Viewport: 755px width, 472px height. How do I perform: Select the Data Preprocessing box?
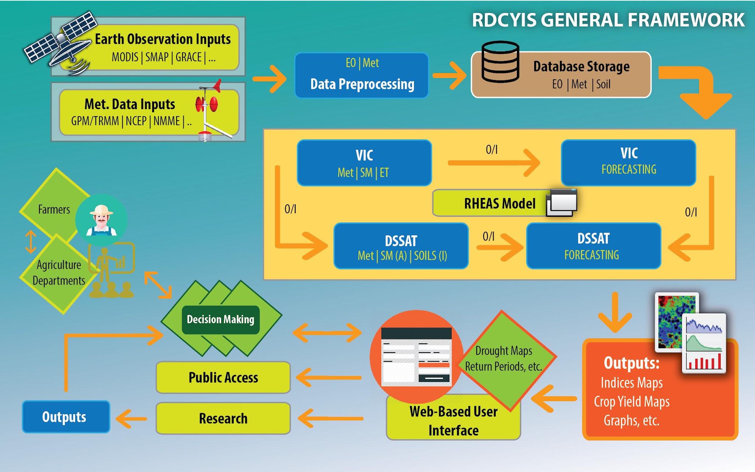[x=362, y=76]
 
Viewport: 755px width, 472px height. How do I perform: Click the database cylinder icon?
[x=500, y=62]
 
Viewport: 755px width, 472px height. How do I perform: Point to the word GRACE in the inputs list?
[x=188, y=58]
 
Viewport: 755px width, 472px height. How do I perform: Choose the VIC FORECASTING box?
[x=629, y=162]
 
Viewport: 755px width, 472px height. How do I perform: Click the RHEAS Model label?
[x=500, y=204]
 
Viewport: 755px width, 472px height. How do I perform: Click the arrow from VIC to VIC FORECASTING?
[x=494, y=163]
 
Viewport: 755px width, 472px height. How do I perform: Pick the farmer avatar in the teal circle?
[x=101, y=220]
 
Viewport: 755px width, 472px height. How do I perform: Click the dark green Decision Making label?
[x=220, y=319]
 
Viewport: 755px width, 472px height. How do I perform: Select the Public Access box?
[x=223, y=378]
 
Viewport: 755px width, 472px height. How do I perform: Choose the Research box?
[x=223, y=419]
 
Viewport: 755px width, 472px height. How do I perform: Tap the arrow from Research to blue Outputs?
[x=131, y=419]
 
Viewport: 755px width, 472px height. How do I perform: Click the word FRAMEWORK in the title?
[x=686, y=20]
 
